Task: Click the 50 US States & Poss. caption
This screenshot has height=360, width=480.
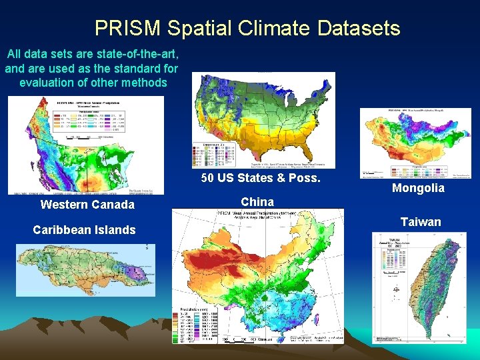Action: [x=261, y=178]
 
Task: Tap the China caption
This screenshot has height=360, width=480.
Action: [x=257, y=201]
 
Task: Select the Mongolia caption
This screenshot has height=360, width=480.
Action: [x=418, y=188]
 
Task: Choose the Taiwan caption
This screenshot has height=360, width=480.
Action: [x=420, y=221]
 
